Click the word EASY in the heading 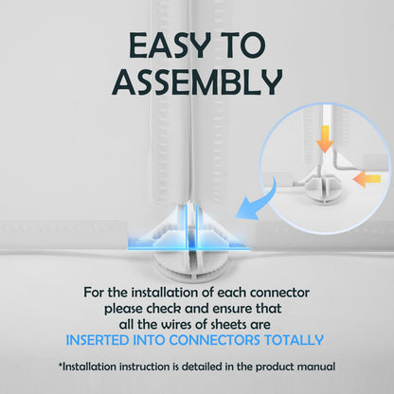point(169,45)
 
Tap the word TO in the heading point(242,45)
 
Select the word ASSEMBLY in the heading point(197,82)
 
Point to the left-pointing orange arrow point(367,179)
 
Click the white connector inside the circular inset point(322,187)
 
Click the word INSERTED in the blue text point(98,340)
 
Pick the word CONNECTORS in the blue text point(215,340)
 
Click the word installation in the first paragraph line point(166,293)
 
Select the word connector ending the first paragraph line point(279,294)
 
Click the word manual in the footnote point(316,367)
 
